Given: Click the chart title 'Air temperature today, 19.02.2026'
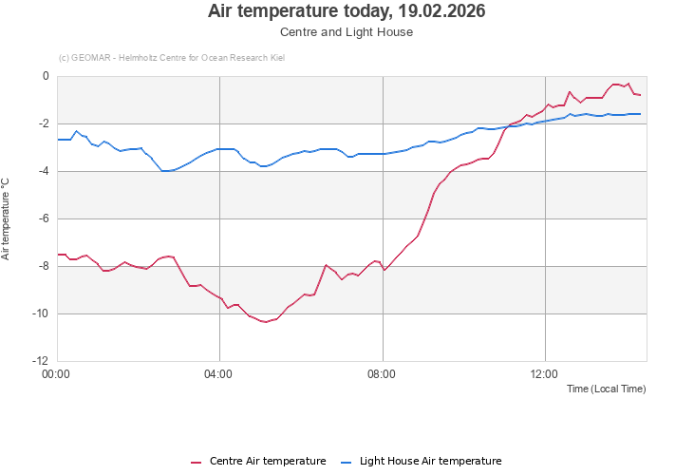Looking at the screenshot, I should (347, 11).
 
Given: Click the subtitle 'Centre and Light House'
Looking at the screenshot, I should (347, 32).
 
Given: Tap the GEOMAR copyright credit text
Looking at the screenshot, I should (172, 58).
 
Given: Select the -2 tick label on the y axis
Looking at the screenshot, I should (44, 124).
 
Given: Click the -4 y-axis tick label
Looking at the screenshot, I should (44, 172).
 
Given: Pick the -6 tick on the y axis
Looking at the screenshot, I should (44, 219).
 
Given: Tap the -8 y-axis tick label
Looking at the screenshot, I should (44, 267).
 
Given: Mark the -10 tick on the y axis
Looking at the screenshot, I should (41, 314).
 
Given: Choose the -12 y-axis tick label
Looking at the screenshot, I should (41, 362).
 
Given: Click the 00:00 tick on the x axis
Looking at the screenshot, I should (57, 374).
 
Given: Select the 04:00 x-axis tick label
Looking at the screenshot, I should (219, 374).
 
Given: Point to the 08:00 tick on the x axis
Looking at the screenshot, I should (382, 374).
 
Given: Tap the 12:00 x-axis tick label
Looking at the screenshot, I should (545, 374).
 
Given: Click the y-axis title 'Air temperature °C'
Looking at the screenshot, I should (6, 218).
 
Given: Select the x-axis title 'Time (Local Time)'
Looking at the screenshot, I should (606, 389).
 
